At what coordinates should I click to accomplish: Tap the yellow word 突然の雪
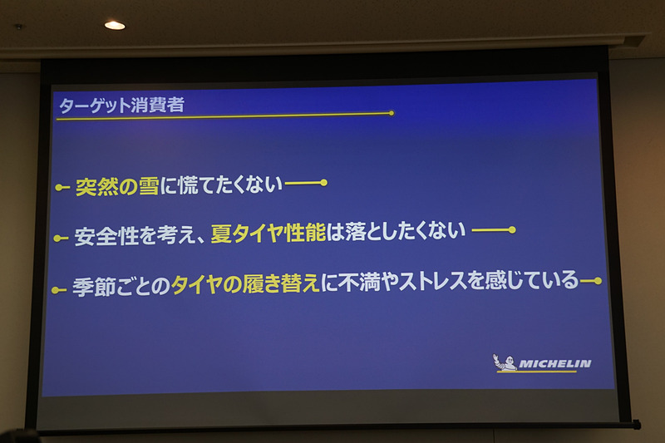click(116, 186)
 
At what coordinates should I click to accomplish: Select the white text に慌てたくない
click(220, 185)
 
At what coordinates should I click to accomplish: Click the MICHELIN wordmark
click(554, 363)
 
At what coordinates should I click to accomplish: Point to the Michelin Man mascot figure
click(504, 362)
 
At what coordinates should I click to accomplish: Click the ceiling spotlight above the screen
click(115, 25)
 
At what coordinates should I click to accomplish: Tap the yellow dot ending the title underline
click(391, 112)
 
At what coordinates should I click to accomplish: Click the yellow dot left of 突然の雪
click(59, 189)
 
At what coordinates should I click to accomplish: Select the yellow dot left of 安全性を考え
click(57, 239)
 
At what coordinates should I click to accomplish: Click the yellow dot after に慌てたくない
click(323, 183)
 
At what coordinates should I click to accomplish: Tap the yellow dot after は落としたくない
click(512, 229)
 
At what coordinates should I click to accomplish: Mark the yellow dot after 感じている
click(597, 281)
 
